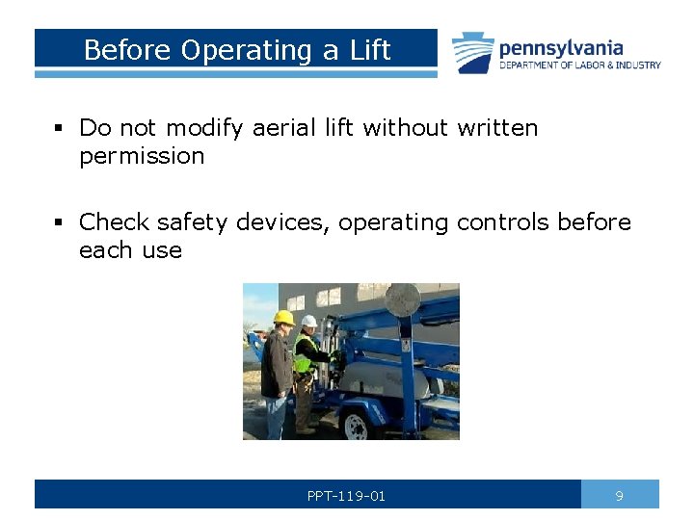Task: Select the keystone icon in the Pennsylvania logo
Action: point(473,53)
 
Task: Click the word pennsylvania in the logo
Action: point(561,48)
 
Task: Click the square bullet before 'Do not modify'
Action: point(59,128)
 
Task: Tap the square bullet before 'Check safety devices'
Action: point(59,222)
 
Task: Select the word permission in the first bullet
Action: point(142,156)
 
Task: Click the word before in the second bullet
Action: point(595,222)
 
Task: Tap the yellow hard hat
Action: point(283,318)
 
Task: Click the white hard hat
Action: point(308,321)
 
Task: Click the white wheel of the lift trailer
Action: point(357,425)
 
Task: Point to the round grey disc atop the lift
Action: point(402,299)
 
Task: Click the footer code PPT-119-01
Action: point(346,496)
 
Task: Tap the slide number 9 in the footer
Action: point(620,496)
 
